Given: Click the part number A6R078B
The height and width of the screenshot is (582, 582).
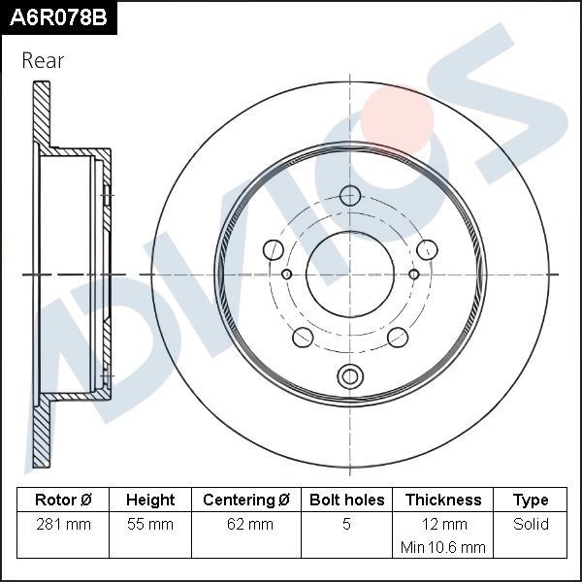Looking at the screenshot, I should pyautogui.click(x=57, y=16).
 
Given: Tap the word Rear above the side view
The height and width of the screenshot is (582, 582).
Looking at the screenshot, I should pyautogui.click(x=43, y=61).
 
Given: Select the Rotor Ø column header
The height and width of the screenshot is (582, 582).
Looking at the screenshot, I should pyautogui.click(x=63, y=501).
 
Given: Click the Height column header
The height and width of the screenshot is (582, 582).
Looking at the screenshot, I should pyautogui.click(x=150, y=501).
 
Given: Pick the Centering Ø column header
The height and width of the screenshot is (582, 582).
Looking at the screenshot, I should pyautogui.click(x=246, y=501).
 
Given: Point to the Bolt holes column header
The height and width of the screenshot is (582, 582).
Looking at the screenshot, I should pyautogui.click(x=346, y=501).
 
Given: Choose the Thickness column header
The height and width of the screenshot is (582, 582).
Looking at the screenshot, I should pyautogui.click(x=443, y=501).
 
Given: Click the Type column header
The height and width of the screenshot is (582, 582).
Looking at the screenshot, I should pyautogui.click(x=531, y=501).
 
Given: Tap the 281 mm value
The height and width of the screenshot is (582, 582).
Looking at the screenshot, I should pyautogui.click(x=63, y=525).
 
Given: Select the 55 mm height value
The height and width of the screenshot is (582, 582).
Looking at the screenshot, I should pyautogui.click(x=150, y=525).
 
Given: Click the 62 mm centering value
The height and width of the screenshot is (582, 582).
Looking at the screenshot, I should pyautogui.click(x=246, y=525).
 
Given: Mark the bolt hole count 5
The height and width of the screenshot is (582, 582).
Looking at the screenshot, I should pyautogui.click(x=346, y=525).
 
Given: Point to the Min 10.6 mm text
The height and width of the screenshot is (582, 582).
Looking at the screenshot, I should pyautogui.click(x=443, y=547).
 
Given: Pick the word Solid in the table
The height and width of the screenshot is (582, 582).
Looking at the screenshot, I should pyautogui.click(x=531, y=525).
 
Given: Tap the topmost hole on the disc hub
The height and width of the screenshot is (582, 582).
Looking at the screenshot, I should pyautogui.click(x=350, y=195).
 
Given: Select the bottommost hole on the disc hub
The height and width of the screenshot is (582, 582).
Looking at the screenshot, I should pyautogui.click(x=349, y=375).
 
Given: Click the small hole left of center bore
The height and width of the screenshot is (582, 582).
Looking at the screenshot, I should pyautogui.click(x=286, y=275).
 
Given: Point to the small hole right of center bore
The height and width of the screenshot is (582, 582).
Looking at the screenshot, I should pyautogui.click(x=414, y=275).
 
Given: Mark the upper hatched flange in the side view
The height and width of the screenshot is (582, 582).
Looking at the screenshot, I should pyautogui.click(x=42, y=116).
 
